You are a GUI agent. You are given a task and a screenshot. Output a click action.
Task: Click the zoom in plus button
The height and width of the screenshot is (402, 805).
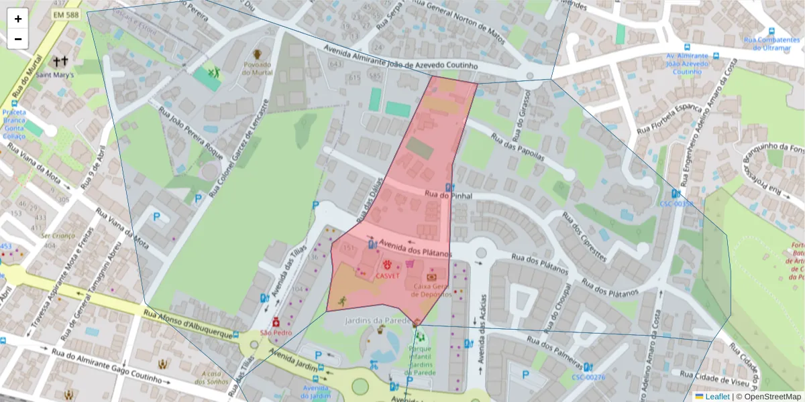(x=18, y=19)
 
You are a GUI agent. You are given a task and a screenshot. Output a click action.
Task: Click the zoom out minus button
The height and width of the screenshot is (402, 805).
(x=18, y=39)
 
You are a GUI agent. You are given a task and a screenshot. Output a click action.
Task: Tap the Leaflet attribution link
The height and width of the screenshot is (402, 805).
(x=716, y=397)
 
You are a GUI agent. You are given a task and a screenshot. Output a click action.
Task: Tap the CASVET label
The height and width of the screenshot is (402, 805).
(x=387, y=275)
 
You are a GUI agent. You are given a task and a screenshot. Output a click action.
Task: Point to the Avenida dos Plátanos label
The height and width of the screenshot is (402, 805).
(x=414, y=249)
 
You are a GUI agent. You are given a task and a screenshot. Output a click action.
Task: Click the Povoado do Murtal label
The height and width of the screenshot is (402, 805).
(x=257, y=68)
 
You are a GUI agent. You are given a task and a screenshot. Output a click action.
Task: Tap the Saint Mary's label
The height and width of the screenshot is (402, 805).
(x=55, y=75)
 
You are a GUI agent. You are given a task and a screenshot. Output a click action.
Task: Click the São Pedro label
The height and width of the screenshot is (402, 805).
(x=275, y=333)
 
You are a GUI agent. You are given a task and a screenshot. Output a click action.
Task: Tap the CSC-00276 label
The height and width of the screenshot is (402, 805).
(x=588, y=377)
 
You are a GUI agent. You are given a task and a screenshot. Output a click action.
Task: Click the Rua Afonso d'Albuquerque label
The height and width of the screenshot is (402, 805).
(x=191, y=325)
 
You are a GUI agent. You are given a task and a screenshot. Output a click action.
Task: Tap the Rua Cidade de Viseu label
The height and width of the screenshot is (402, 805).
(x=711, y=380)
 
